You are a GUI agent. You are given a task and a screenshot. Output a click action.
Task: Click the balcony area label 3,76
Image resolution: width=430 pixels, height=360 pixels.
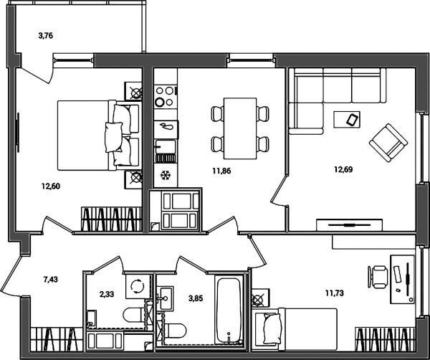[x=46, y=36]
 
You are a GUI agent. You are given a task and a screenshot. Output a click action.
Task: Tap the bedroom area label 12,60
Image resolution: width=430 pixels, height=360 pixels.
[x=51, y=186]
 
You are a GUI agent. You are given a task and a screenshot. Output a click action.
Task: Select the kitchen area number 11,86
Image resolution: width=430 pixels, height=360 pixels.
[x=221, y=171]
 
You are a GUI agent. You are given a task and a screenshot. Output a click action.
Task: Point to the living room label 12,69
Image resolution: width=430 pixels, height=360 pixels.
[x=343, y=169]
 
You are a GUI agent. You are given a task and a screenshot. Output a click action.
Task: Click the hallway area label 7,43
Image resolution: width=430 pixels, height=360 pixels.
[x=51, y=280]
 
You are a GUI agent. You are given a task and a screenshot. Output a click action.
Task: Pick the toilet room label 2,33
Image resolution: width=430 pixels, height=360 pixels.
[x=106, y=295]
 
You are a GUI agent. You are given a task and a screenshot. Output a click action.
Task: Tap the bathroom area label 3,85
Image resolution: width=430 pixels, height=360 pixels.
[x=196, y=298]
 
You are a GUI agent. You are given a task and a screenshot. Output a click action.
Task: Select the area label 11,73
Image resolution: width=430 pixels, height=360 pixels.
[x=335, y=293]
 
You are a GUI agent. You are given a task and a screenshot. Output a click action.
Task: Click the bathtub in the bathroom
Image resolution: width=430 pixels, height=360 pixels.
[x=229, y=311]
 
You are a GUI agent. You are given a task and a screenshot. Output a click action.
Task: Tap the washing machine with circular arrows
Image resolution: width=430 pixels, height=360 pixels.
[x=138, y=286]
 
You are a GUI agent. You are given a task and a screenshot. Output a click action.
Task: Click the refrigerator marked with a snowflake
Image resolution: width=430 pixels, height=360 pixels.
[x=166, y=175]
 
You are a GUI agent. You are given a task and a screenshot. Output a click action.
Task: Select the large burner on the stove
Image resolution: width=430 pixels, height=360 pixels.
[x=159, y=103]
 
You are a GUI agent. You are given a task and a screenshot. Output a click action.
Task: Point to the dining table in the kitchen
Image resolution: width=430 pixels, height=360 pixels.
[x=240, y=128]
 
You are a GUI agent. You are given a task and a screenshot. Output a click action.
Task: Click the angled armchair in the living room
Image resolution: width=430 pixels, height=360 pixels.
[x=388, y=143]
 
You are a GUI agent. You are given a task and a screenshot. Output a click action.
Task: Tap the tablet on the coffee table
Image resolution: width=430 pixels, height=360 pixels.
[x=352, y=119]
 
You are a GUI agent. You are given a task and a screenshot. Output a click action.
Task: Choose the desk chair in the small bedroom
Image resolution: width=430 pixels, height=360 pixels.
[x=378, y=277]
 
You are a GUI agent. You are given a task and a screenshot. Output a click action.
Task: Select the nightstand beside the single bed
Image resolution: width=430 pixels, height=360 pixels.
[x=261, y=298]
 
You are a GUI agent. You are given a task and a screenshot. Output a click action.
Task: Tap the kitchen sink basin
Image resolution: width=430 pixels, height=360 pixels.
[x=166, y=146]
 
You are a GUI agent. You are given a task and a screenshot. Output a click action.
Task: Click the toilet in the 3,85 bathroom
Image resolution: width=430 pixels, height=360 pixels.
[x=173, y=331]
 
